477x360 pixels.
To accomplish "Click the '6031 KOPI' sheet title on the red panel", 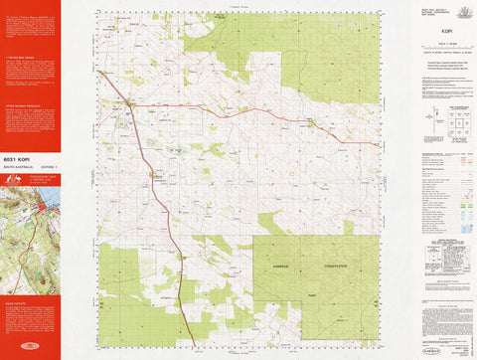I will click(20, 158).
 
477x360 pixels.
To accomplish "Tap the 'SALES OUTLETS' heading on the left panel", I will click(15, 299).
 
